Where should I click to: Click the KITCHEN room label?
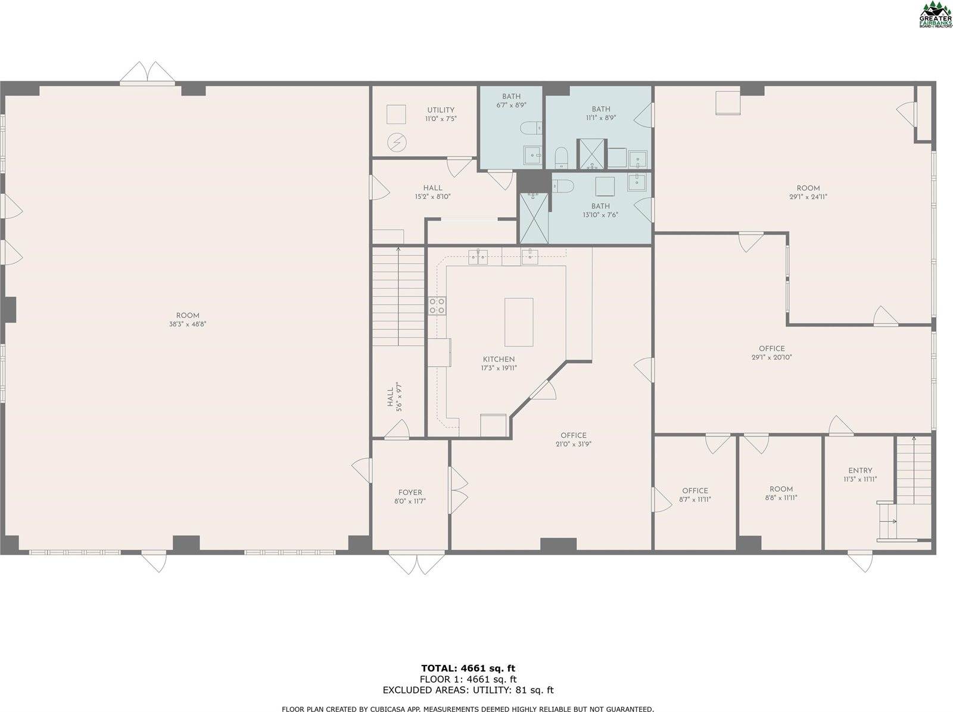(499, 359)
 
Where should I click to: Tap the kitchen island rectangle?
(518, 322)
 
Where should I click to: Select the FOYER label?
(410, 493)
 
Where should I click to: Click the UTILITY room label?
(440, 110)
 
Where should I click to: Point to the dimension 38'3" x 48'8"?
(188, 324)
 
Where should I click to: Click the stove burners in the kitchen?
(437, 306)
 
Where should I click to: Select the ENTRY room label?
(860, 470)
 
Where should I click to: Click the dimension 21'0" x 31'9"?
(573, 444)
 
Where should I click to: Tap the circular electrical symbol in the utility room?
(395, 142)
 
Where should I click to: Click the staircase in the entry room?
(913, 470)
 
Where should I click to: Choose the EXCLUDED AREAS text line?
(468, 690)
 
